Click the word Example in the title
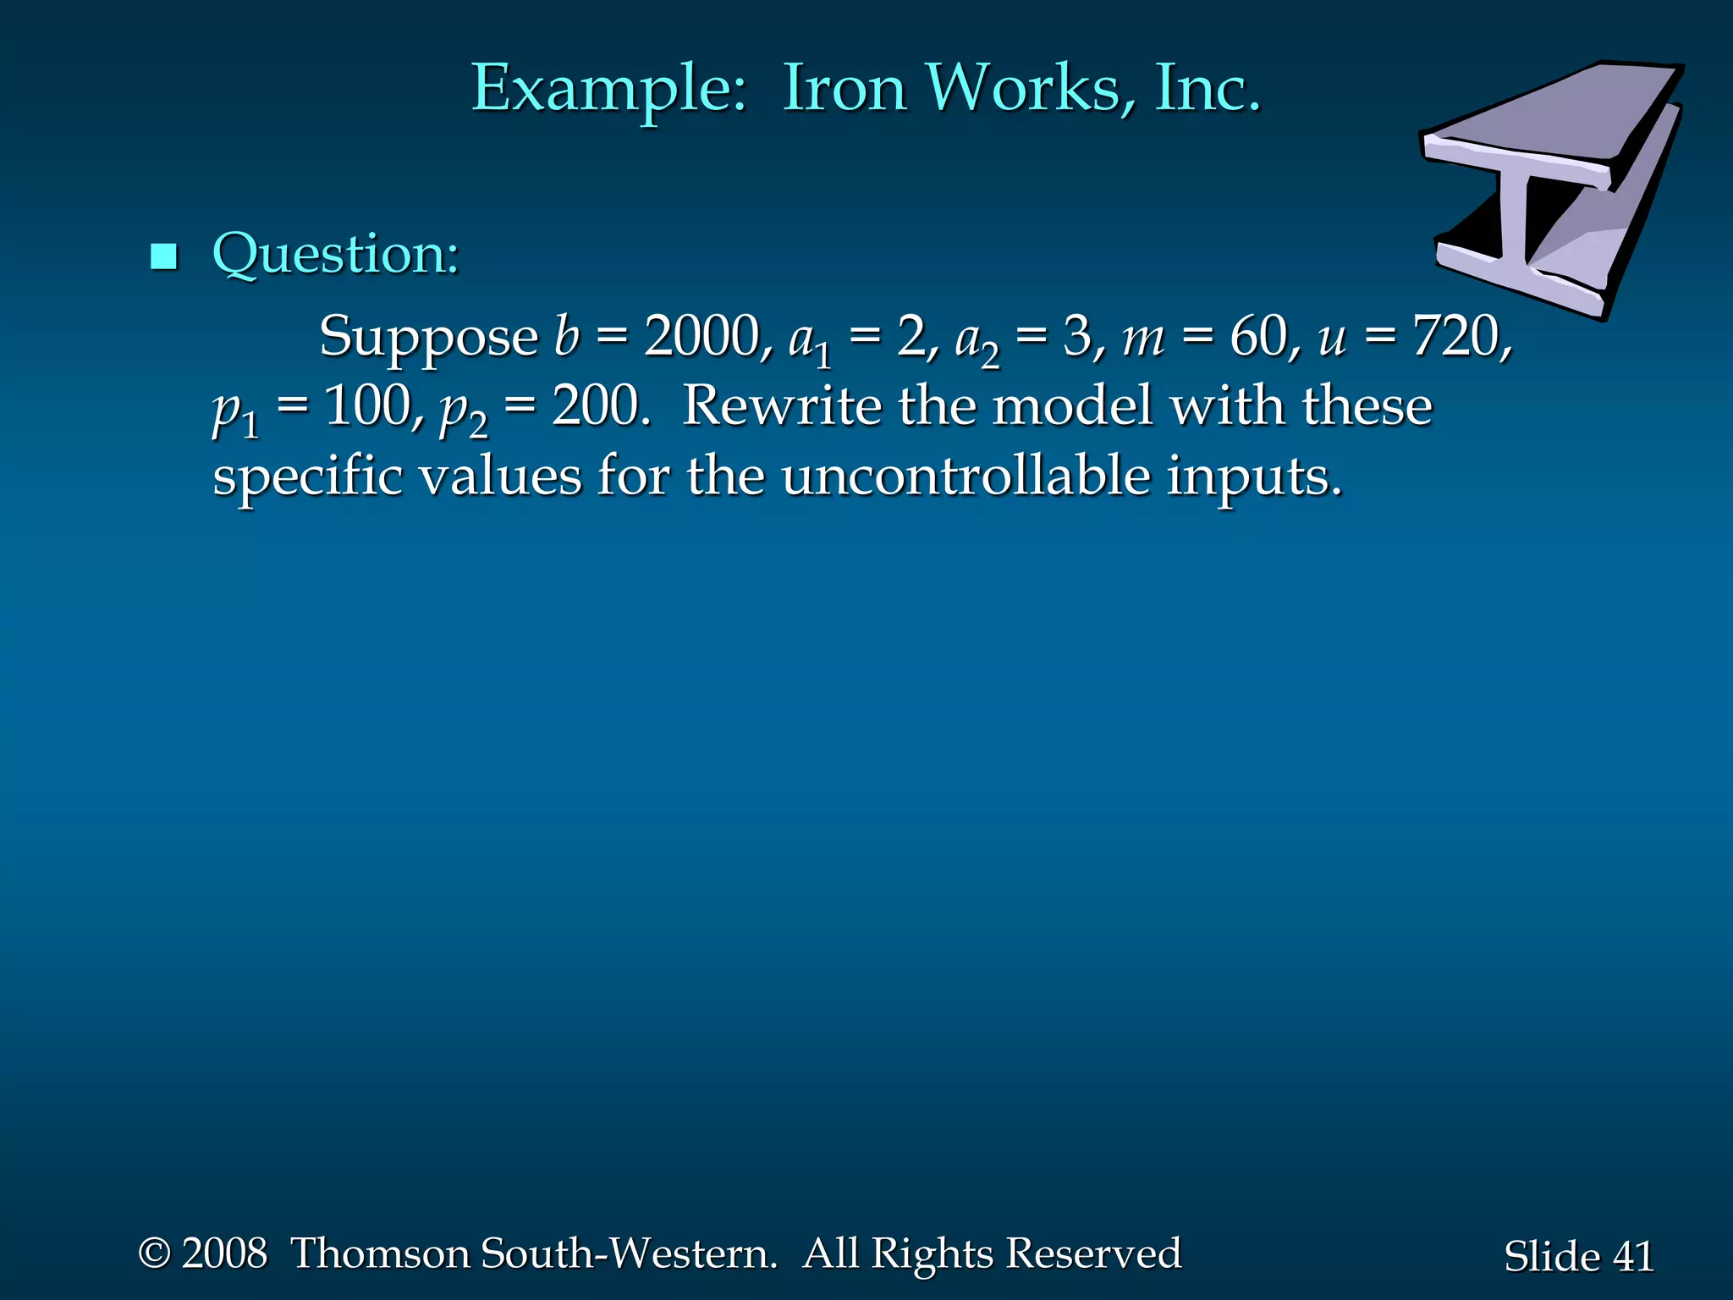[608, 90]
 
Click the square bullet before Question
[163, 256]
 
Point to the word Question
[335, 254]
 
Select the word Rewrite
[780, 405]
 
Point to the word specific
[308, 476]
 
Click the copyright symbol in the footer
[155, 1253]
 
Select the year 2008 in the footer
[224, 1253]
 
